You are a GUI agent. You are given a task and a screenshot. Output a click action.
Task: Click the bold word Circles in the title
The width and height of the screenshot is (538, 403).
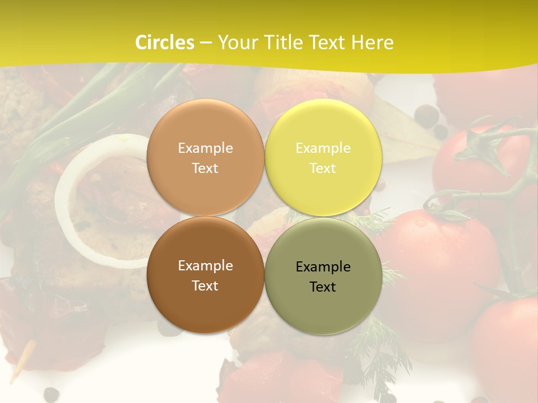point(165,43)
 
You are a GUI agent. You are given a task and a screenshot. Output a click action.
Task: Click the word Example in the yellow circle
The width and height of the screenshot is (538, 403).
point(323,148)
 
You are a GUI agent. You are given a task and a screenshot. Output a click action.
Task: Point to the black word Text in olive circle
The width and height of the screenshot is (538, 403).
point(323,287)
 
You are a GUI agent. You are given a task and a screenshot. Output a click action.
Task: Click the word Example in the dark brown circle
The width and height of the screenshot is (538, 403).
point(205,266)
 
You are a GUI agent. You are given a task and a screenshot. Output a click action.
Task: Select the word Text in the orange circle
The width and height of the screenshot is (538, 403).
point(205,168)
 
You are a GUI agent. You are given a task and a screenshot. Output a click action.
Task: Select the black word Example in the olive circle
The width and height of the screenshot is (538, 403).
point(323,267)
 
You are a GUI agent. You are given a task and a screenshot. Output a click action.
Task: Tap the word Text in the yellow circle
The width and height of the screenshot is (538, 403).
point(323,168)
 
